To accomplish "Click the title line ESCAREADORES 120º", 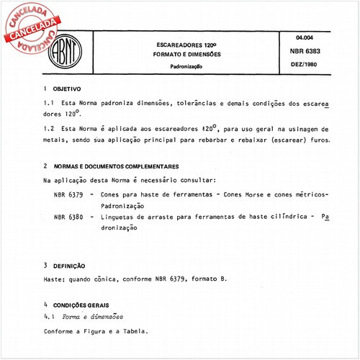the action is [189, 43].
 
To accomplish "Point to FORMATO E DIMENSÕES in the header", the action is [189, 54].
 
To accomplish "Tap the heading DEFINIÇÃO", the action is [69, 265].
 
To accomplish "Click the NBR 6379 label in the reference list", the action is [69, 195].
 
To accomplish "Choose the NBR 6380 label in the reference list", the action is [69, 216].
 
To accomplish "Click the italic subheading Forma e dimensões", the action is [93, 316].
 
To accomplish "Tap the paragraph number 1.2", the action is [49, 127].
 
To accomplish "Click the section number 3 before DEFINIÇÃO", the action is [45, 265].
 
